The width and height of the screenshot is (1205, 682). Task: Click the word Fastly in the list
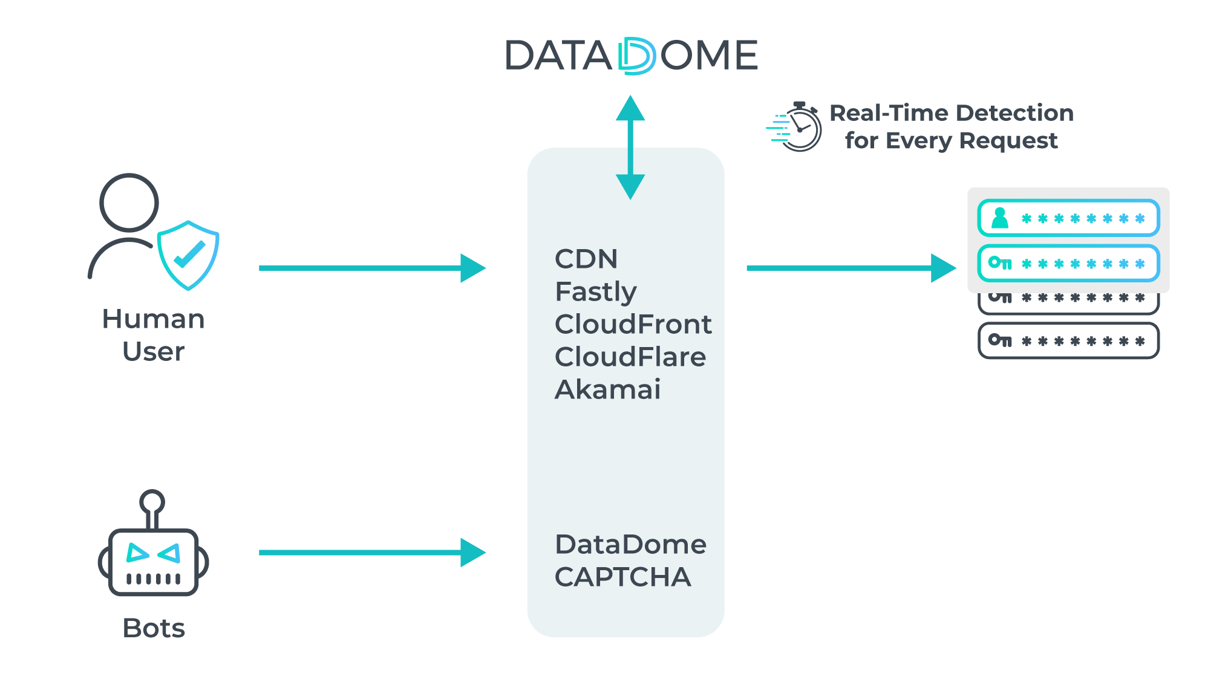click(596, 292)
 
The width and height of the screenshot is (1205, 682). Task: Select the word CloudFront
click(633, 325)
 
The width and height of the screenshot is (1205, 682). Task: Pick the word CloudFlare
click(630, 357)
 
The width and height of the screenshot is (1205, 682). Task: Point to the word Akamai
click(607, 390)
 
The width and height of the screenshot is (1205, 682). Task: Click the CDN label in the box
click(586, 259)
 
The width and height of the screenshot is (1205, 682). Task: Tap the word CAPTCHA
click(622, 577)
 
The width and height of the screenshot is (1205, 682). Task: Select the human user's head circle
click(129, 203)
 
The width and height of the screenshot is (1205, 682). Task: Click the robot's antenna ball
click(152, 502)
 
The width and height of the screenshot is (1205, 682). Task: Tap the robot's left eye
click(137, 553)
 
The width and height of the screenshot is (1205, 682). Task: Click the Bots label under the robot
click(154, 628)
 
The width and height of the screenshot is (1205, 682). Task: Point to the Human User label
click(154, 335)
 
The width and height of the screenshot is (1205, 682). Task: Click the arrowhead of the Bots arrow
click(472, 553)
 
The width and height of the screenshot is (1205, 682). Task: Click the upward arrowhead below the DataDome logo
click(630, 109)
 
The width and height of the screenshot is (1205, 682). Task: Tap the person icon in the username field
click(1000, 218)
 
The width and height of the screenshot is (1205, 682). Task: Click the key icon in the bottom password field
click(999, 340)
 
